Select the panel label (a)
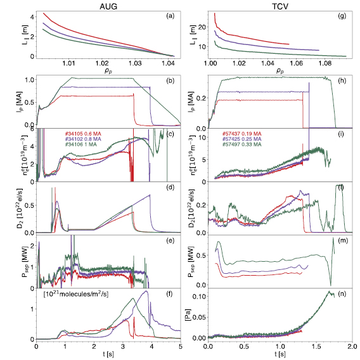tap(172, 15)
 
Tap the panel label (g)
tap(342, 15)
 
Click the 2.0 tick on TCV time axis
tap(352, 347)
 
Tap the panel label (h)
tap(342, 79)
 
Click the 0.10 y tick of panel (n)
tap(198, 297)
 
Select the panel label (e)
tap(172, 241)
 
